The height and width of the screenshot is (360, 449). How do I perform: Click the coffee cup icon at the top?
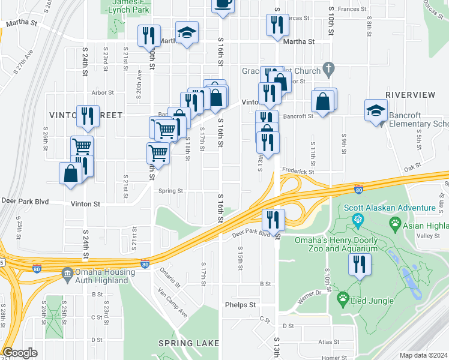pyautogui.click(x=223, y=3)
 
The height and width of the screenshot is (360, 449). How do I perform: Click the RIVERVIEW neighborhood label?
pyautogui.click(x=410, y=95)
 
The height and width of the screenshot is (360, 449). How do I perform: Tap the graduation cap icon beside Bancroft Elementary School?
pyautogui.click(x=376, y=110)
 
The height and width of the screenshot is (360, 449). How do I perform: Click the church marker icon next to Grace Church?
pyautogui.click(x=328, y=69)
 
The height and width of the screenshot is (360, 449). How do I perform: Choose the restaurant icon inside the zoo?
pyautogui.click(x=360, y=265)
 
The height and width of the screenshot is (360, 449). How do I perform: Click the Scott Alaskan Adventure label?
pyautogui.click(x=390, y=208)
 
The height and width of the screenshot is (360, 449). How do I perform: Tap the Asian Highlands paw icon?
pyautogui.click(x=396, y=224)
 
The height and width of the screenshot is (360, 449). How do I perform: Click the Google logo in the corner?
pyautogui.click(x=20, y=353)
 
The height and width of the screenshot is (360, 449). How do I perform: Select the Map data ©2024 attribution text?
pyautogui.click(x=423, y=355)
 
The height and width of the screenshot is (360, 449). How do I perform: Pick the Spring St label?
pyautogui.click(x=170, y=191)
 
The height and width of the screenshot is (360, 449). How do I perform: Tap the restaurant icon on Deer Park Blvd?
pyautogui.click(x=274, y=219)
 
